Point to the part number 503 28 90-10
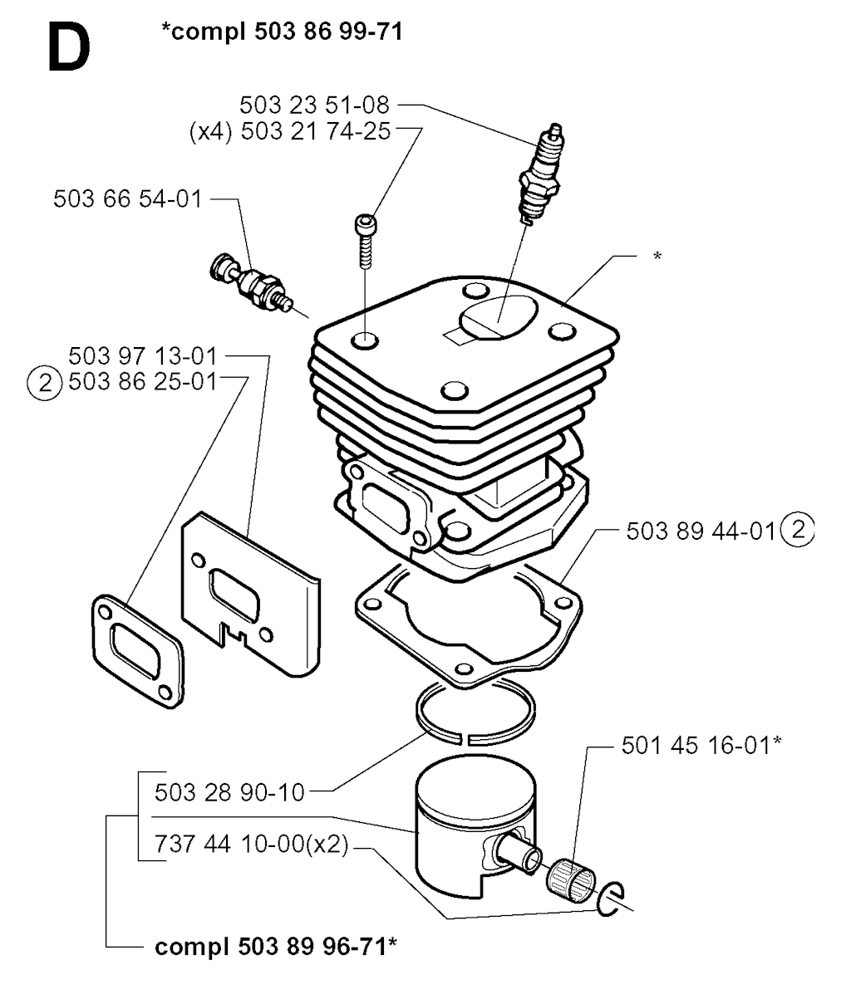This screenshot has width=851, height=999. click(x=230, y=793)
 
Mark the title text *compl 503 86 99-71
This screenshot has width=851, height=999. click(x=283, y=34)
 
